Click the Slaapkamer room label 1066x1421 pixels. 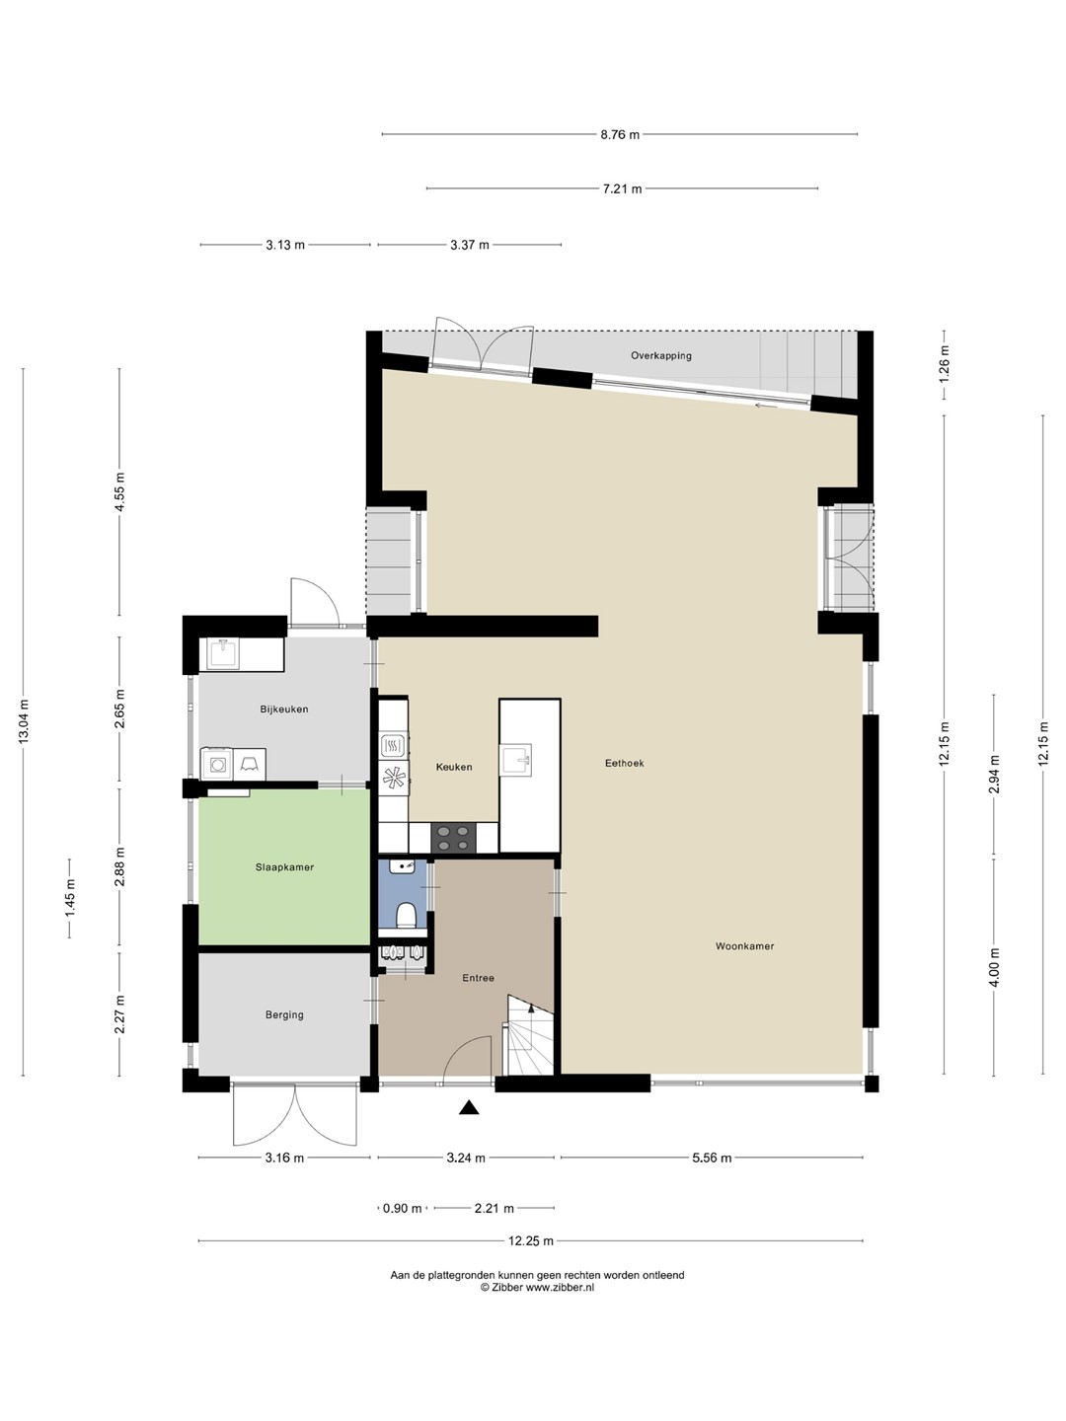pos(284,867)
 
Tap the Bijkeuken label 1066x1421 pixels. pos(284,710)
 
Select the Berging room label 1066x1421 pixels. pos(284,1015)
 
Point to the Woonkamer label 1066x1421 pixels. pos(744,946)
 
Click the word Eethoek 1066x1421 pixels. pos(624,763)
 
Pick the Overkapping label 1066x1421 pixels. pos(661,356)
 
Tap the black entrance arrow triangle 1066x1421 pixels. pos(469,1107)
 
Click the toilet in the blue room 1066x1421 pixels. pos(406,917)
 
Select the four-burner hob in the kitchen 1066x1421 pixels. pos(453,838)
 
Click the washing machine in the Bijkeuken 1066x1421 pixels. pos(217,765)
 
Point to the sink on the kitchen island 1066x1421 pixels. pos(516,760)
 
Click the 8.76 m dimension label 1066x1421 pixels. pos(620,134)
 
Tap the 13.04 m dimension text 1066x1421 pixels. pos(24,721)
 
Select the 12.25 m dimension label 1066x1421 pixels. pos(531,1241)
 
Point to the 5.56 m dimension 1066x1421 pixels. pos(712,1159)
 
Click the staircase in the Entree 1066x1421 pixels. pos(529,1036)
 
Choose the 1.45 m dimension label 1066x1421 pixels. pos(70,899)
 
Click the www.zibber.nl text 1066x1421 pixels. pos(560,1288)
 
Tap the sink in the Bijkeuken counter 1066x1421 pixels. pos(223,654)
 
